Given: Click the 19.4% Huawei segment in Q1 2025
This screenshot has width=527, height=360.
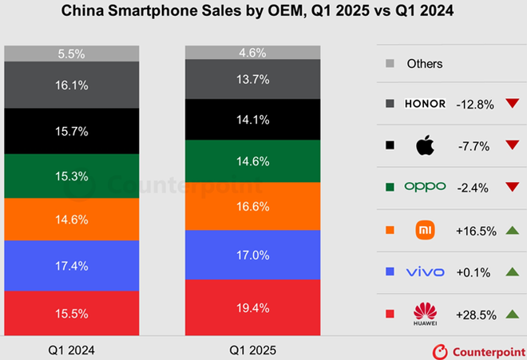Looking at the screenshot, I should point(253,307).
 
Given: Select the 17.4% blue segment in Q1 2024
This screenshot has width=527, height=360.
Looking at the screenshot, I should point(71,265).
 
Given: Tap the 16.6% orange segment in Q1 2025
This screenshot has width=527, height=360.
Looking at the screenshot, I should point(253,206).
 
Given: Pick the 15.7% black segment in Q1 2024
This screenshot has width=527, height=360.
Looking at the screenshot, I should point(71,130).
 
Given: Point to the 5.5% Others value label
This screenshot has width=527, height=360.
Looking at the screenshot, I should point(71,53).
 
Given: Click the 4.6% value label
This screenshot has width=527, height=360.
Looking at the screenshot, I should point(253,52).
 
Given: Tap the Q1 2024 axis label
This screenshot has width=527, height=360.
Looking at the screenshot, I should point(71,349).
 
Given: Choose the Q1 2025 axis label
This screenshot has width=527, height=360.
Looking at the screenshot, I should point(253,349).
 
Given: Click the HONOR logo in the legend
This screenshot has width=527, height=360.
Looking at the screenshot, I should point(425,105).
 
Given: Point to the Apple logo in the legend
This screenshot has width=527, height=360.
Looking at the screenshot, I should point(425,146).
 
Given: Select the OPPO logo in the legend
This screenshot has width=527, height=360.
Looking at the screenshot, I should point(425,188).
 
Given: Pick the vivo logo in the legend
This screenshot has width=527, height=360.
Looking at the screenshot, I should point(425,271).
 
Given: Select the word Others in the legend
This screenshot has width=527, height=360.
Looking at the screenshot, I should point(425,63).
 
